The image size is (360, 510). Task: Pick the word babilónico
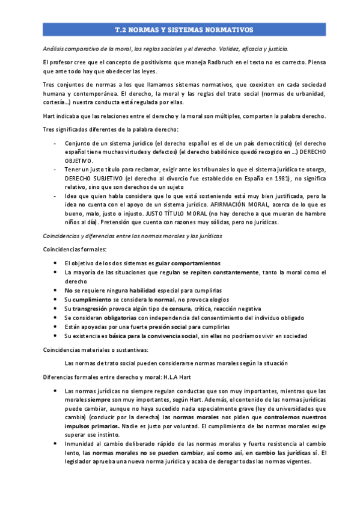point(219,153)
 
